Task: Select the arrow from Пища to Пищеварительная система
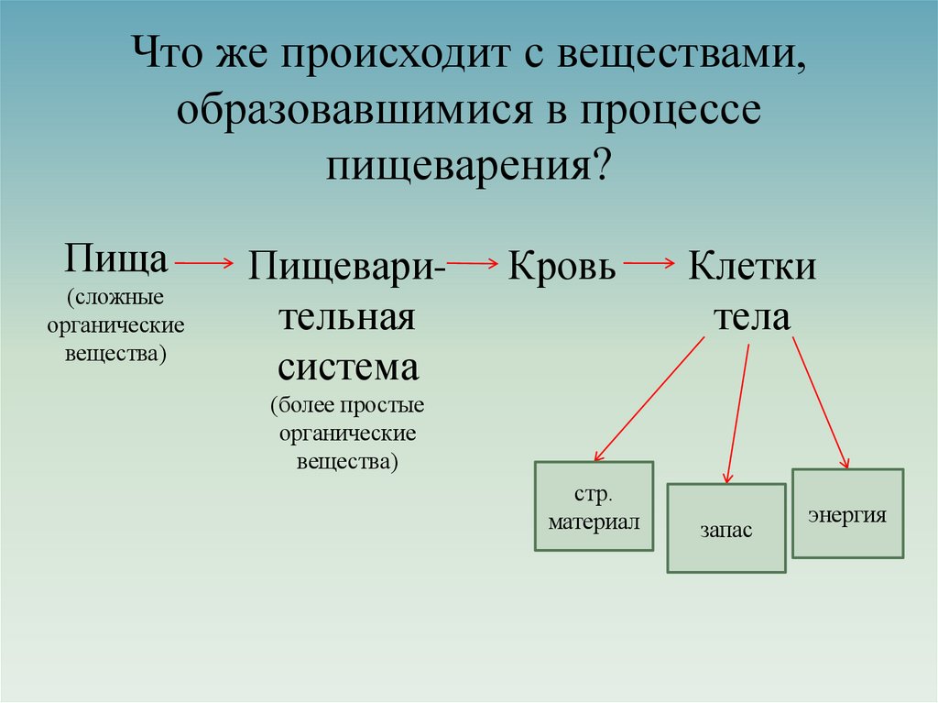tap(204, 262)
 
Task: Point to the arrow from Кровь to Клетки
tap(648, 264)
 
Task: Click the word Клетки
tap(752, 267)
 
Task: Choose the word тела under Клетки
tap(751, 318)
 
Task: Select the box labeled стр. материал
tap(594, 506)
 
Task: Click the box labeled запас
tap(725, 529)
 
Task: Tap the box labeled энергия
tap(847, 513)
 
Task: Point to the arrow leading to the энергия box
tap(821, 401)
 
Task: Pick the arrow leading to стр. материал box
tap(649, 399)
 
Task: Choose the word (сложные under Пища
tap(115, 298)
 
